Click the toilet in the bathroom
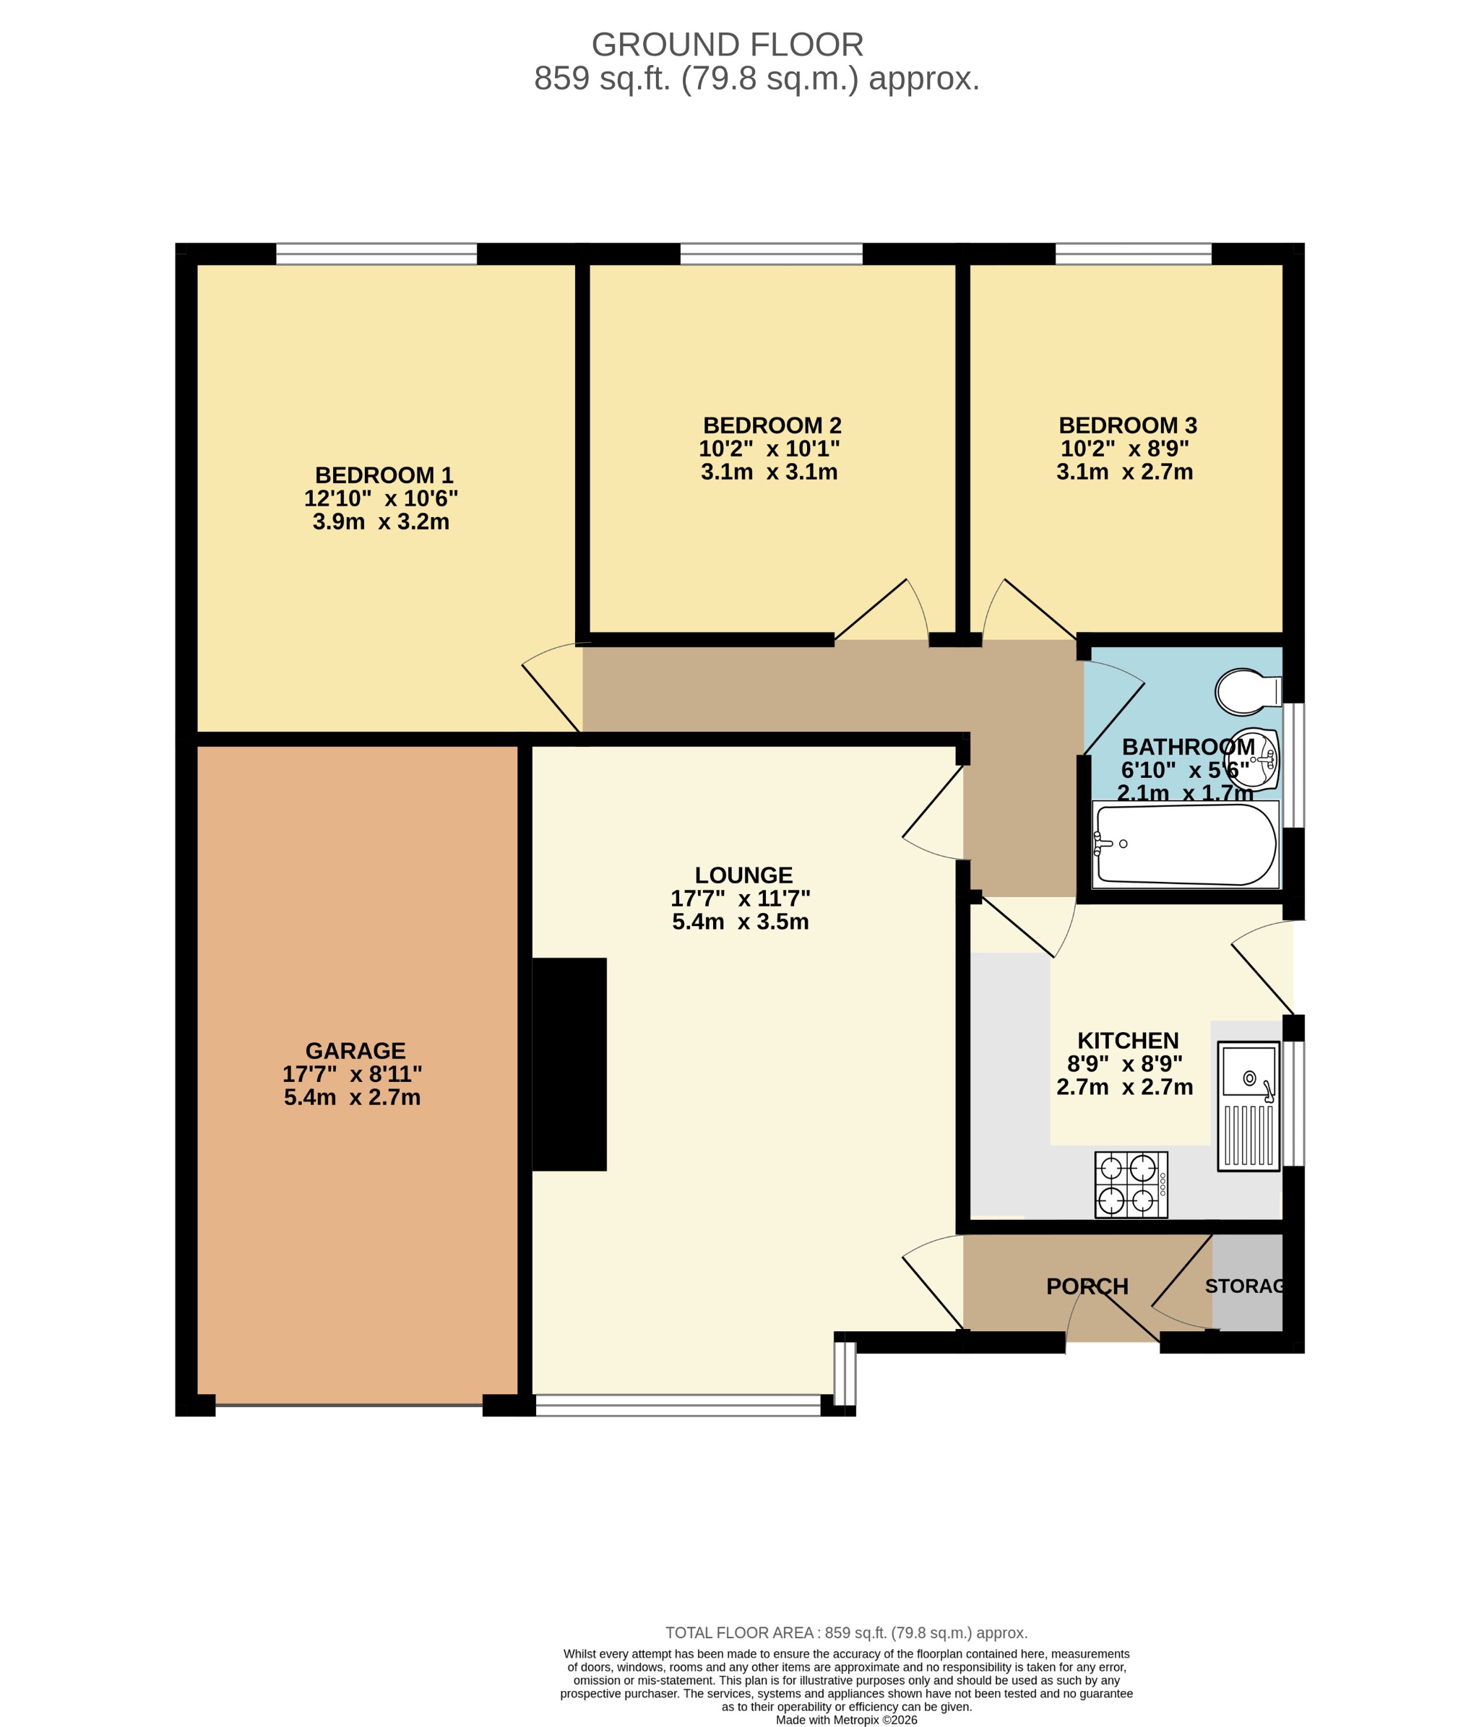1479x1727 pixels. (x=1246, y=691)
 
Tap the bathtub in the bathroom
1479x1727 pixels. (x=1185, y=844)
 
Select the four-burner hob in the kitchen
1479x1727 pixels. (x=1131, y=1185)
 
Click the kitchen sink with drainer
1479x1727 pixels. (x=1248, y=1106)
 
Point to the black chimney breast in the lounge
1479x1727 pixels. (x=569, y=1065)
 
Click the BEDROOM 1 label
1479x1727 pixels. (x=384, y=475)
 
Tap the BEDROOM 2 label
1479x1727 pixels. (x=772, y=425)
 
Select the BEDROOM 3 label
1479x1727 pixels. (x=1127, y=425)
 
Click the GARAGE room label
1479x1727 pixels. (x=355, y=1050)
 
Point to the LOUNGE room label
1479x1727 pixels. (x=743, y=875)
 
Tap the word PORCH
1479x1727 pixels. (x=1087, y=1286)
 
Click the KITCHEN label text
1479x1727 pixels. (x=1128, y=1040)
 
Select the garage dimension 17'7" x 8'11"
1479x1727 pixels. (x=352, y=1073)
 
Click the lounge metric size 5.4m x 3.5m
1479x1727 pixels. (x=741, y=922)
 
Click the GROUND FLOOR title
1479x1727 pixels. (x=727, y=44)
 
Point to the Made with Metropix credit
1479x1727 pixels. (x=846, y=1720)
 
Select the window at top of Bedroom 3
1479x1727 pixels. (x=1133, y=254)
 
